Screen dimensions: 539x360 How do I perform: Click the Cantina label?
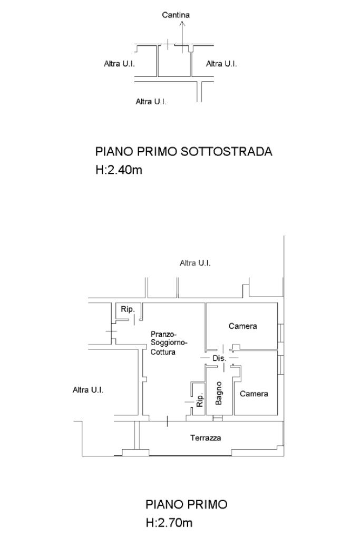pos(176,15)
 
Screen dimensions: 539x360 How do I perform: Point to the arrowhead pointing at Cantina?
pos(181,23)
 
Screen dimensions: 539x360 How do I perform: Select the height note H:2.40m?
pos(119,170)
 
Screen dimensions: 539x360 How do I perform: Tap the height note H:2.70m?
pos(169,523)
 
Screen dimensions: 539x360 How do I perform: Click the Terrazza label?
pos(206,438)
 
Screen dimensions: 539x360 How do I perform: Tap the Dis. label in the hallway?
pos(219,358)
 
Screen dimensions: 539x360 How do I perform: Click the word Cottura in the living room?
pos(163,352)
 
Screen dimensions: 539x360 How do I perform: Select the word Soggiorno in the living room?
pos(165,343)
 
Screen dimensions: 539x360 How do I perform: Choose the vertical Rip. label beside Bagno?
pos(200,400)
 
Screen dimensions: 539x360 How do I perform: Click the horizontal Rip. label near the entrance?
pos(128,309)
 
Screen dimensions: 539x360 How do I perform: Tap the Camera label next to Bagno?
pos(254,394)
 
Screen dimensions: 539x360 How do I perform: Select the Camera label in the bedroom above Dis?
pos(243,326)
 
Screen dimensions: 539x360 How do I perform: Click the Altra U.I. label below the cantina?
pos(151,102)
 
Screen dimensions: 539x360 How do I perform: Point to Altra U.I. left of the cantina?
pos(120,64)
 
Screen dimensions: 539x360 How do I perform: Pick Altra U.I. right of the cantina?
pos(221,64)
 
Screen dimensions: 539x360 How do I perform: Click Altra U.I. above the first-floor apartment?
pos(195,263)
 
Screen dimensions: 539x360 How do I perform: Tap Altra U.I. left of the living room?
pos(88,390)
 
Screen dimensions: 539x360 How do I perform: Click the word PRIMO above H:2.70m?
pos(207,505)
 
